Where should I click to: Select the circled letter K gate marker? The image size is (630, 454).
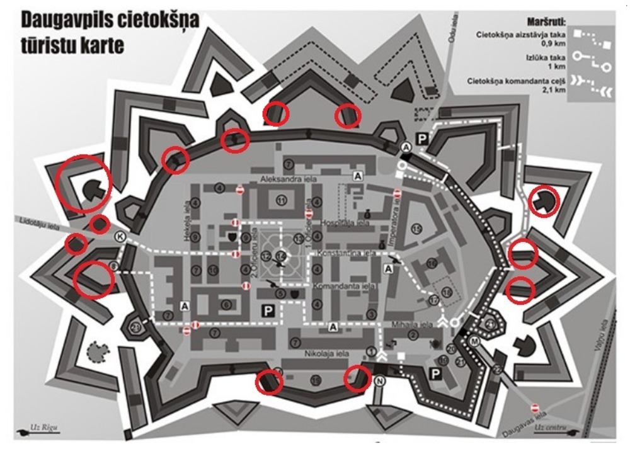coord(120,237)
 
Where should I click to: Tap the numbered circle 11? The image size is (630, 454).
coord(281,200)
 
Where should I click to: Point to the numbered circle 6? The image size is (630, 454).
coord(226,305)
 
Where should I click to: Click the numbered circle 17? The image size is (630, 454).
coord(434,300)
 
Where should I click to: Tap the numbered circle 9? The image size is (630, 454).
coord(196,237)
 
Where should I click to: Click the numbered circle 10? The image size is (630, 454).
coord(214,271)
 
